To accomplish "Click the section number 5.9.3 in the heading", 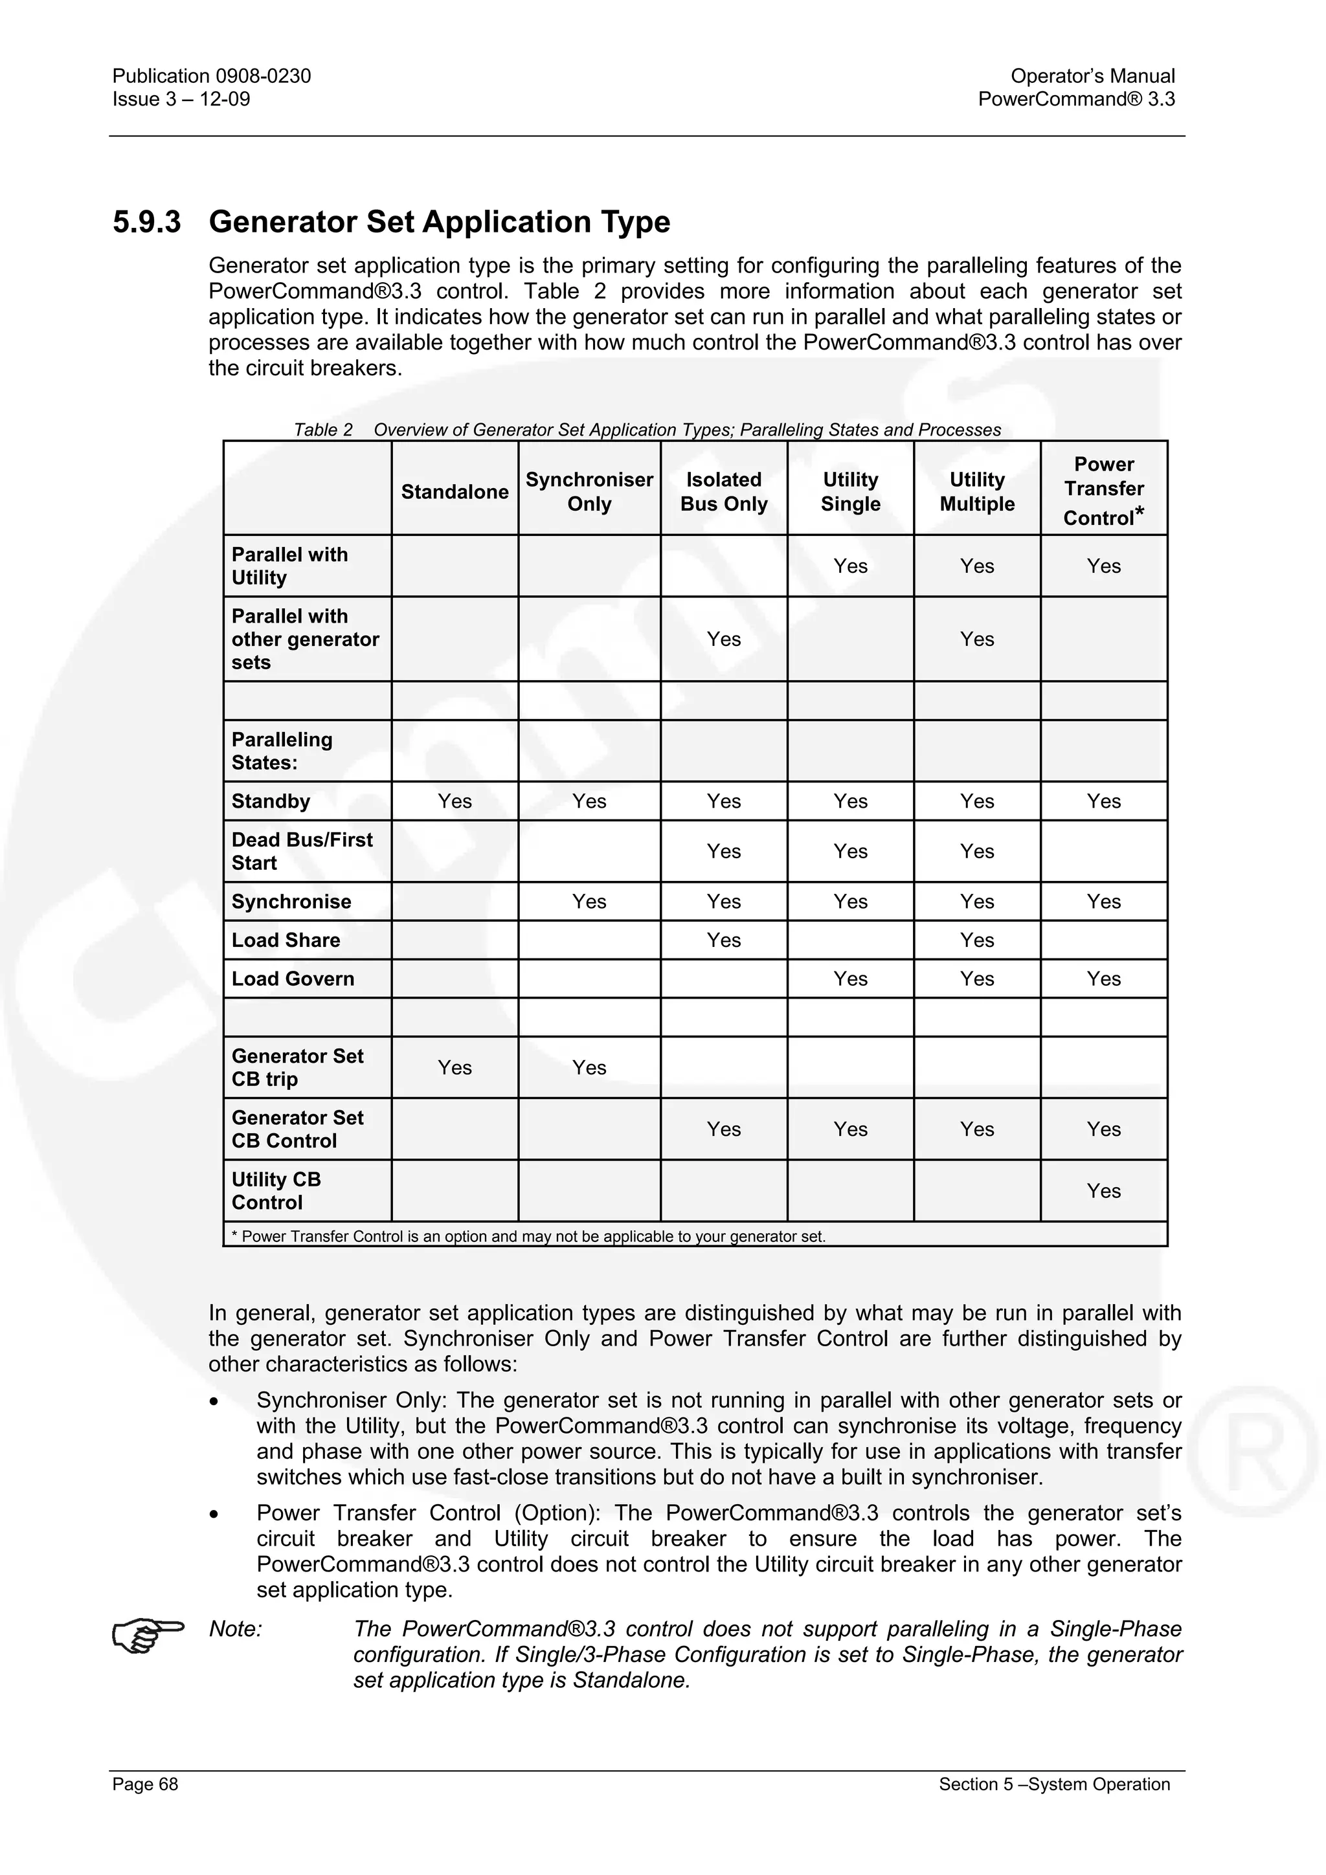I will coord(147,222).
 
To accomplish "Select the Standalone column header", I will coord(455,492).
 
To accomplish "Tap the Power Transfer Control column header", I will coord(1103,491).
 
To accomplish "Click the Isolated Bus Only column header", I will coord(723,492).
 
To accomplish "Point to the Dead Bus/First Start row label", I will coord(302,851).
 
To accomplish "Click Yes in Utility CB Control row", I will coord(1103,1191).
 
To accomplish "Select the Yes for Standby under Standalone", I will coord(455,801).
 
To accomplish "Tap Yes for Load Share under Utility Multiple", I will coord(976,940).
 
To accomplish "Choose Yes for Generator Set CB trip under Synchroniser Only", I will coord(589,1067).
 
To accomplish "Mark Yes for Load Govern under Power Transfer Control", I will coord(1103,979).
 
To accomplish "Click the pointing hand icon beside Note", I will coord(147,1635).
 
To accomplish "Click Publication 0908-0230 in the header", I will coord(212,76).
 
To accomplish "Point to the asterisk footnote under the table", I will coord(528,1236).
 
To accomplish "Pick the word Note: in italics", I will coord(235,1628).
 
